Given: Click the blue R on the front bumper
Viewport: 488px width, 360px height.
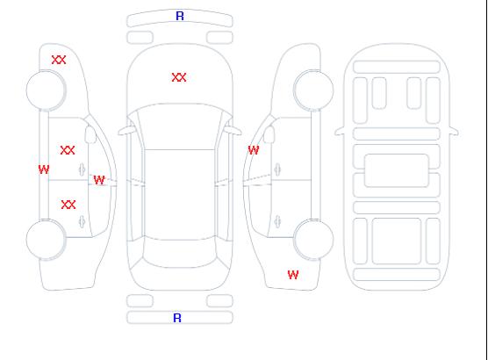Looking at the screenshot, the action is (x=180, y=16).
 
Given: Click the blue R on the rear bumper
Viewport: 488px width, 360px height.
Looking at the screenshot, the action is (x=177, y=318).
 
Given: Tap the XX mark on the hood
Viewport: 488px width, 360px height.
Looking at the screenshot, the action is (x=179, y=77).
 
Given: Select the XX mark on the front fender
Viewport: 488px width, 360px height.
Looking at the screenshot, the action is (x=59, y=60).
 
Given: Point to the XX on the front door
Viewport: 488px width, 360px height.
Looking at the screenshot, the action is (x=68, y=150).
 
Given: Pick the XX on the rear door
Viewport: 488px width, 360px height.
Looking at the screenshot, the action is (x=68, y=205).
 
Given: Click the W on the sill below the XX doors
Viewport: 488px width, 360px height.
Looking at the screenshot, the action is (x=44, y=169).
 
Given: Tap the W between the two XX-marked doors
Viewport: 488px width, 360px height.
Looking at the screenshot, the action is (x=99, y=180).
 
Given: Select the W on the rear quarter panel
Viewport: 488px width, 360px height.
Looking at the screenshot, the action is (x=293, y=275).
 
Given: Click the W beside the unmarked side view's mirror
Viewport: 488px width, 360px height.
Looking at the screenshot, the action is (x=254, y=150).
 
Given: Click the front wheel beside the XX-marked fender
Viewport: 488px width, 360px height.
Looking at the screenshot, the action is (x=46, y=90).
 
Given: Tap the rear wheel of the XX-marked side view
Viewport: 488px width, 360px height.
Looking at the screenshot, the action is (x=46, y=240).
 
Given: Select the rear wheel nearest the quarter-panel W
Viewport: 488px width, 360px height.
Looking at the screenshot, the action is (x=313, y=240).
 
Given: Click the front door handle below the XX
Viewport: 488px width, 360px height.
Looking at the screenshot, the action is (x=83, y=169).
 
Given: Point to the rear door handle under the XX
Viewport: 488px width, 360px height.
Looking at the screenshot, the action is (x=83, y=221).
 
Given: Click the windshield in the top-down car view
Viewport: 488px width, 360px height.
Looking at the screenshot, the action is (x=180, y=126).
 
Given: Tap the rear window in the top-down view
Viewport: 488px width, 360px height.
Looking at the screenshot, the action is (x=180, y=252).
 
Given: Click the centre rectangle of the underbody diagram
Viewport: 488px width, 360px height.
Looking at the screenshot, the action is (x=397, y=170).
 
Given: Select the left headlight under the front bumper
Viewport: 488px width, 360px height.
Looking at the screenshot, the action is (x=140, y=38).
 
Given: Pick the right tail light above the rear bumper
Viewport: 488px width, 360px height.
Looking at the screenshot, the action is (x=219, y=301).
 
